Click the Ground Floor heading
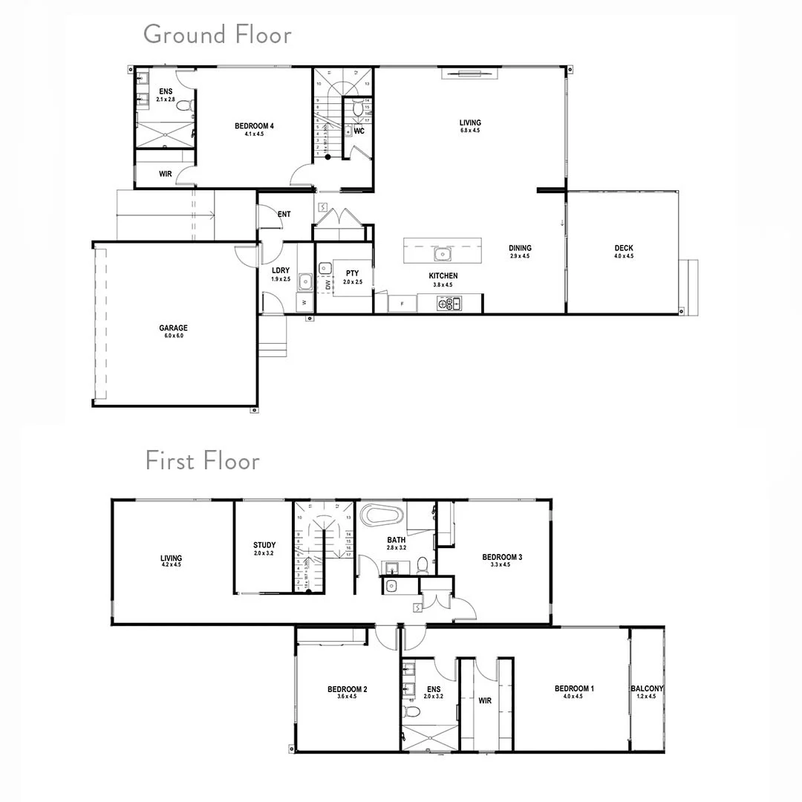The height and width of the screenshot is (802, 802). [x=217, y=34]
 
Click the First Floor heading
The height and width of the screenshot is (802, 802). [x=202, y=460]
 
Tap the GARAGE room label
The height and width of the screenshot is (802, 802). [x=173, y=327]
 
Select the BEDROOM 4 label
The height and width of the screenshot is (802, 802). [x=254, y=126]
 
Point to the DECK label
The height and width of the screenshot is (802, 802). [x=624, y=248]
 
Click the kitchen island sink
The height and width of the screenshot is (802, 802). [x=443, y=255]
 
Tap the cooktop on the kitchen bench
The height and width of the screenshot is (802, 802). [x=449, y=303]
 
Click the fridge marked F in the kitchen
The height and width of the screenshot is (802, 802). [x=402, y=304]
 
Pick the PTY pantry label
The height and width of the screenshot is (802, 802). [x=352, y=273]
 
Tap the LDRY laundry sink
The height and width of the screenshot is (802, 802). [x=305, y=281]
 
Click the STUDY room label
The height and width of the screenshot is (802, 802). [x=264, y=545]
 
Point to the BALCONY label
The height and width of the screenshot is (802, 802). [x=647, y=688]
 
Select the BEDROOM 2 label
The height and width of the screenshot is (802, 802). [x=348, y=689]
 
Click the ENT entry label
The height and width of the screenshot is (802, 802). [x=284, y=215]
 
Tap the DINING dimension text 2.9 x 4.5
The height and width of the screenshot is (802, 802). [x=520, y=256]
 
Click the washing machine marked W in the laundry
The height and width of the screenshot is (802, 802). [x=304, y=303]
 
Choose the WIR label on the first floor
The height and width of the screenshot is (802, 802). [x=485, y=700]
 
